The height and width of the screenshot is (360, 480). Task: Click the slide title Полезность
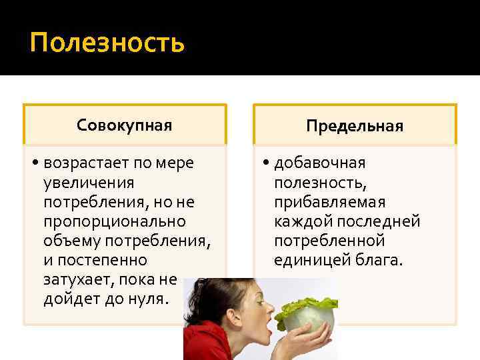[x=107, y=43]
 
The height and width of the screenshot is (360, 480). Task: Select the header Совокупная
[x=125, y=125]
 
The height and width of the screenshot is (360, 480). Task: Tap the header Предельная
[x=355, y=125]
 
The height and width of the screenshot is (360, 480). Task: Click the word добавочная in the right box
[x=319, y=163]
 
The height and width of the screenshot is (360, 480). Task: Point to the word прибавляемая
[x=319, y=202]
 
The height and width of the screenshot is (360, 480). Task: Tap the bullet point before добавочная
[x=265, y=163]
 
